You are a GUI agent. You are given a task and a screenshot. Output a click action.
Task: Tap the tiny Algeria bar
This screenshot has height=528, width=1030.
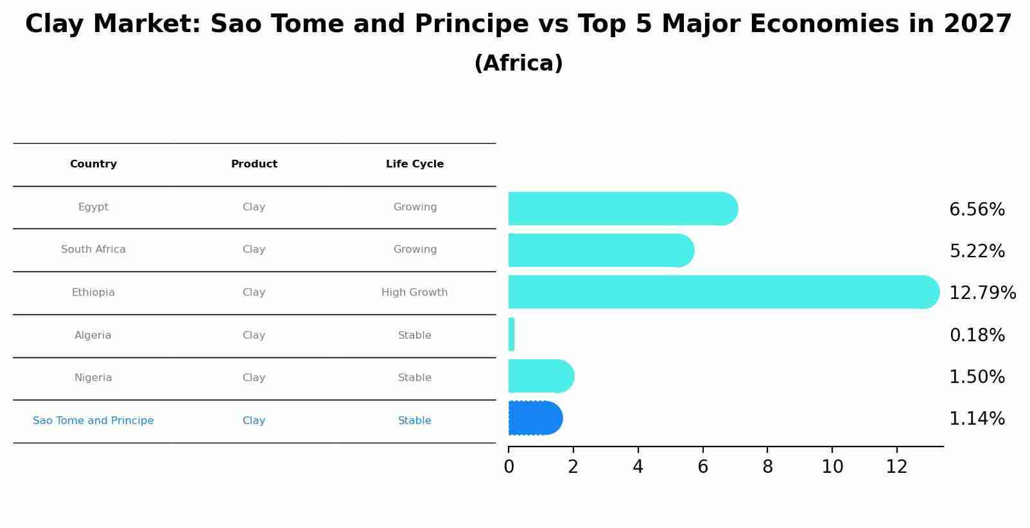(511, 334)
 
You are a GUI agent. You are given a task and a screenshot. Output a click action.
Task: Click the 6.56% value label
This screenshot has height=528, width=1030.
(977, 210)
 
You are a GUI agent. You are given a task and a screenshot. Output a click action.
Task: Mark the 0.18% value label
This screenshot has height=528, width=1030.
(977, 336)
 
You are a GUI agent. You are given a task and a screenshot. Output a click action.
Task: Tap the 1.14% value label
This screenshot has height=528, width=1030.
(977, 419)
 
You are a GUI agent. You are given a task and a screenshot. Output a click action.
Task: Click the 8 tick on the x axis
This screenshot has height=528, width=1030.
(767, 467)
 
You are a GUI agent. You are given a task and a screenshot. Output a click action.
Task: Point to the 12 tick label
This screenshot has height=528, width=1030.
(896, 467)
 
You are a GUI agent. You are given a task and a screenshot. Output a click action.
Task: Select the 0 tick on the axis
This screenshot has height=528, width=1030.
(509, 467)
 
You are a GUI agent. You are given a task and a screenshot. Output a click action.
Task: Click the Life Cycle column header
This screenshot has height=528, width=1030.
(415, 164)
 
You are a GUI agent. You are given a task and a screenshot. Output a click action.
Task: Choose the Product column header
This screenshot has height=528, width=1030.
(254, 164)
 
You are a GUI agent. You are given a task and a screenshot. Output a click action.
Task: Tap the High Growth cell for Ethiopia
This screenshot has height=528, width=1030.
(414, 293)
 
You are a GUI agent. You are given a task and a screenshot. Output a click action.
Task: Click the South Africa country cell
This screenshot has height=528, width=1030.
(93, 250)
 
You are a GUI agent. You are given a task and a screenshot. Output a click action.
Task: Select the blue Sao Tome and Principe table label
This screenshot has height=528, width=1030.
(93, 421)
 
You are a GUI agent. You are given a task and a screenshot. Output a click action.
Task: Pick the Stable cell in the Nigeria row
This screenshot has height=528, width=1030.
(414, 378)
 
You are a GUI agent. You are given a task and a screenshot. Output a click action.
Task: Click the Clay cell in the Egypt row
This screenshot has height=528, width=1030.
(254, 207)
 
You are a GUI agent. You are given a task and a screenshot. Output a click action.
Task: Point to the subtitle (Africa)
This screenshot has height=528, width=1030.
(518, 64)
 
